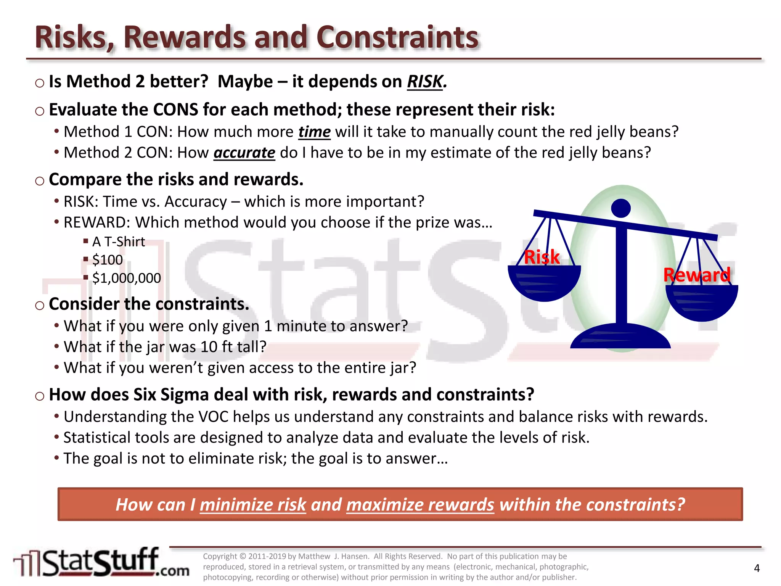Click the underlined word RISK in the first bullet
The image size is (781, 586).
click(x=425, y=82)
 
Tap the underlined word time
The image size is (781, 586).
click(x=314, y=132)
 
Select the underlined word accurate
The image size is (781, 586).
click(x=244, y=153)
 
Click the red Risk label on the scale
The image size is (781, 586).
click(x=542, y=257)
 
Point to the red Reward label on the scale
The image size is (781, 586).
click(x=697, y=275)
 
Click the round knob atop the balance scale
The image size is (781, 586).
click(x=621, y=208)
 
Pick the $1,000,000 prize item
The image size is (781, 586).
click(x=126, y=278)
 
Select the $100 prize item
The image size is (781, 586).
click(x=107, y=260)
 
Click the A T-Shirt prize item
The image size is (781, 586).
click(x=118, y=242)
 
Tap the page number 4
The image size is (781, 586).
click(x=757, y=568)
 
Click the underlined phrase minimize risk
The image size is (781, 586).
click(x=253, y=505)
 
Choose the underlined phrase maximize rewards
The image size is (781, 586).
click(x=420, y=505)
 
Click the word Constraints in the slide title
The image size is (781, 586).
click(x=397, y=37)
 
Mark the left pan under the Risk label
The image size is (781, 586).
click(x=544, y=282)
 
